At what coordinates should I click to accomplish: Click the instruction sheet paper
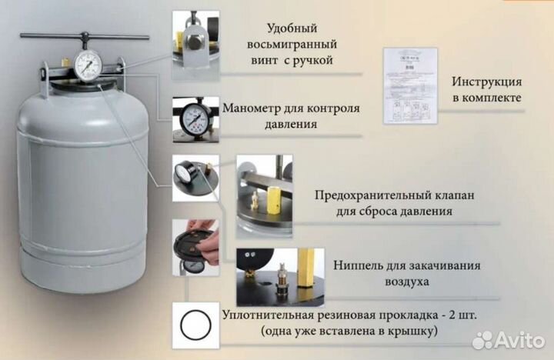(x=410, y=85)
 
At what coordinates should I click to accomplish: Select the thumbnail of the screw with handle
(x=195, y=45)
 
